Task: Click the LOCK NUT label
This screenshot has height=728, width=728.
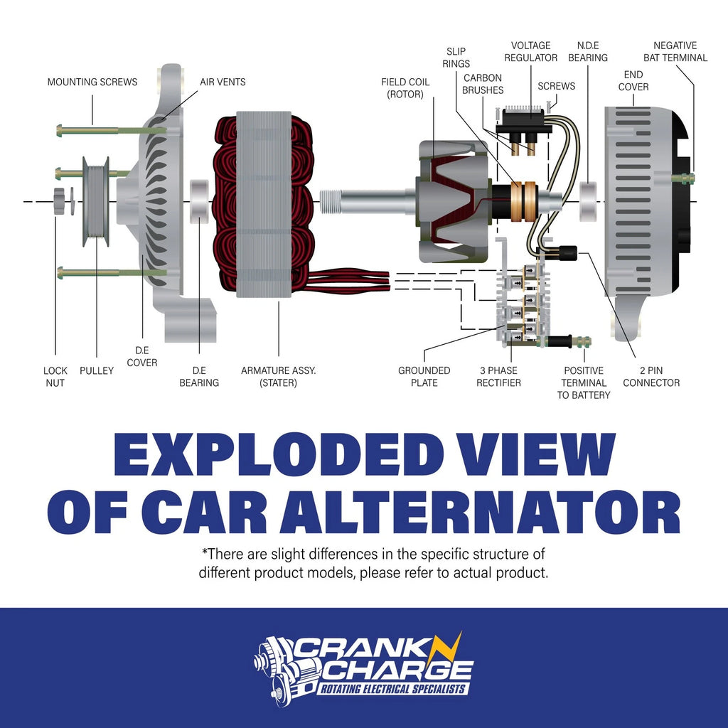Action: click(x=55, y=377)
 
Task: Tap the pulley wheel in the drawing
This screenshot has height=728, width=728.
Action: click(x=96, y=201)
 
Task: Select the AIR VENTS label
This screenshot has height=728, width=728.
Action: click(x=223, y=82)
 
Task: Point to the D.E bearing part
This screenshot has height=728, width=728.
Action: click(x=199, y=201)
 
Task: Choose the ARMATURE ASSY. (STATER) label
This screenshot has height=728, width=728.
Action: click(x=278, y=377)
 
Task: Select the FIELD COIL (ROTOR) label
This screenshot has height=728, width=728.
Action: click(x=405, y=88)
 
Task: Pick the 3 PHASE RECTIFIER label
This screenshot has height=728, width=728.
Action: click(x=498, y=377)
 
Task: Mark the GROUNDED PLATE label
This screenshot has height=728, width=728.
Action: click(x=424, y=377)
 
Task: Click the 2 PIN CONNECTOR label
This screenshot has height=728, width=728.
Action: click(x=651, y=377)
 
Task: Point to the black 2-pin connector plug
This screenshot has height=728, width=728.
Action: click(x=568, y=253)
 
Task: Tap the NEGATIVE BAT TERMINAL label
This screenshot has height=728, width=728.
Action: click(x=675, y=51)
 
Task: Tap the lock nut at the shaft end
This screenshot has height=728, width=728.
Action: click(x=59, y=201)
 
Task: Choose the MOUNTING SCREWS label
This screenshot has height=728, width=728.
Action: click(x=92, y=82)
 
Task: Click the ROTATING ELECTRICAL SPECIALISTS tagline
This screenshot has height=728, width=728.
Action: click(x=392, y=689)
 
